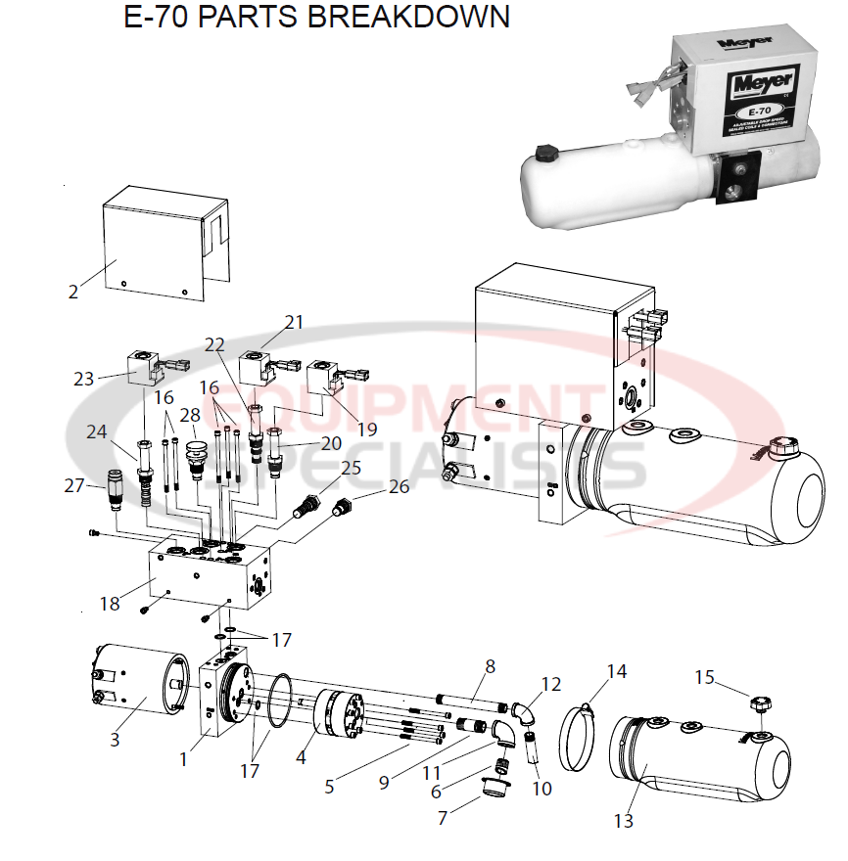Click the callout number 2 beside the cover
[72, 291]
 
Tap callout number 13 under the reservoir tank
[624, 821]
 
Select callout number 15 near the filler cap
[705, 676]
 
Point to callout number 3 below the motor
[115, 740]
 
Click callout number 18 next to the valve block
[110, 604]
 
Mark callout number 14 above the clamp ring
[616, 672]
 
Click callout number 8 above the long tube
[490, 666]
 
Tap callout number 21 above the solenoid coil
[295, 322]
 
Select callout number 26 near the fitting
[400, 486]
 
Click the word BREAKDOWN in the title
[419, 18]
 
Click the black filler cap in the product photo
[543, 156]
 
